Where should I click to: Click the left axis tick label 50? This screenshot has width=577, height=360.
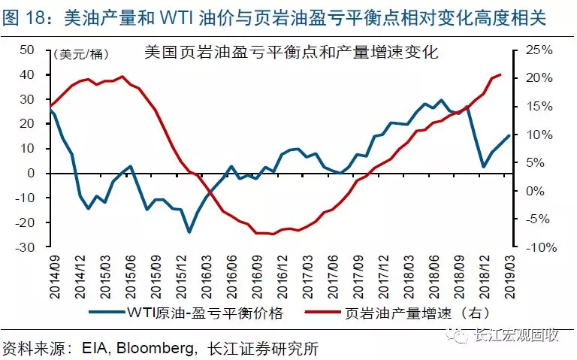pos(27,50)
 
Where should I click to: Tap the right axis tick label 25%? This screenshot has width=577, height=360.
pos(538,50)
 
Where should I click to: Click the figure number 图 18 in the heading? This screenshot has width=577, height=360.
pos(26,16)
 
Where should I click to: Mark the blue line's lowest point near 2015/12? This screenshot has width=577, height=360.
pos(189,232)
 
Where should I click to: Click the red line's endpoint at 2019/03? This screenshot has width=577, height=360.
pos(500,74)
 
